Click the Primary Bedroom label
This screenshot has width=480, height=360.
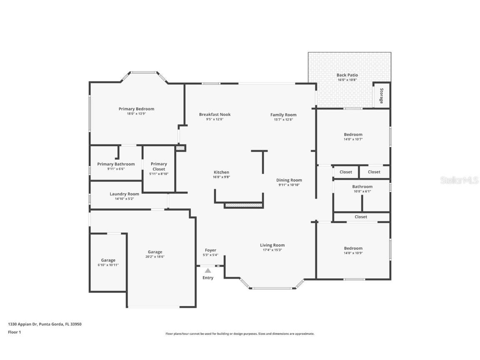point(136,109)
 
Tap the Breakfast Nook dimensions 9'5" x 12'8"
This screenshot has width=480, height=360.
point(215,120)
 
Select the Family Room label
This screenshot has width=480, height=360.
point(283,115)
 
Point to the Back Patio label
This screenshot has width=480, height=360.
point(347,75)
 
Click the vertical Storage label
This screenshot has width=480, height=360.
point(381,96)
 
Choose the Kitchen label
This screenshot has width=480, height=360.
point(221,172)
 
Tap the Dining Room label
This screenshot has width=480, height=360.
point(289,180)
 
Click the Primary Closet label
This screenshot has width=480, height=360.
point(159,166)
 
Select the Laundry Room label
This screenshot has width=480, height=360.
point(124,194)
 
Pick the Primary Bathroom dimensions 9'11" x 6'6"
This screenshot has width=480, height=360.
point(116,169)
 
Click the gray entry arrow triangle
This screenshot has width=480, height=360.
point(207,270)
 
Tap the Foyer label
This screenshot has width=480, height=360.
point(210,250)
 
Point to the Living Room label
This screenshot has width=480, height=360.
point(272,245)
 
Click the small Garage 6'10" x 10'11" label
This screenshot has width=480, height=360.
point(108,260)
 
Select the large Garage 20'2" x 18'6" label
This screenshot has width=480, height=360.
point(155,252)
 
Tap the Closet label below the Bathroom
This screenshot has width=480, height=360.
point(361,217)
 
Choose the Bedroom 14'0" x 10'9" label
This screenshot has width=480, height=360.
point(353,248)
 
